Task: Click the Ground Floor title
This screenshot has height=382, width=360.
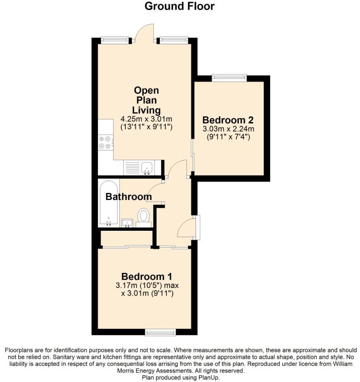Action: [179, 6]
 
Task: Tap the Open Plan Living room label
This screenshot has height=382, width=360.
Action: [147, 100]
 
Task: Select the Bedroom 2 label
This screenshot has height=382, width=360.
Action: [228, 120]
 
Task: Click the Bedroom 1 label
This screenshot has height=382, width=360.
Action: [147, 276]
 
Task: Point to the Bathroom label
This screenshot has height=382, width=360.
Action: [128, 197]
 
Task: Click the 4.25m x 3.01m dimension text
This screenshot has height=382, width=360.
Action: [147, 119]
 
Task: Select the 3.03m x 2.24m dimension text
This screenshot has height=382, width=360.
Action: [228, 129]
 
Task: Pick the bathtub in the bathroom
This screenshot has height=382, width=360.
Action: [109, 203]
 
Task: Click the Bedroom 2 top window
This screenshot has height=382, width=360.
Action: [229, 78]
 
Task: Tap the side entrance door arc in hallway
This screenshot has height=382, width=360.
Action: [186, 227]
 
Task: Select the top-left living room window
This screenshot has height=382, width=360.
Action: [115, 39]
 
